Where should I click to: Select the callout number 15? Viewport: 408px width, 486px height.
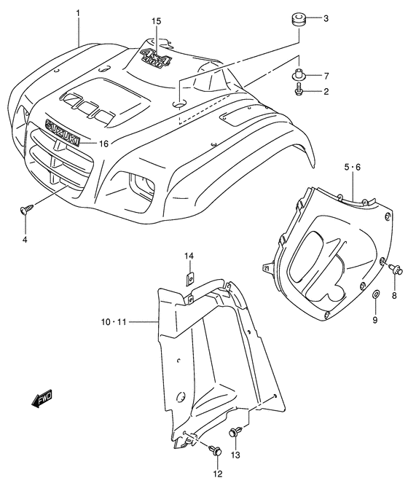[x=156, y=22]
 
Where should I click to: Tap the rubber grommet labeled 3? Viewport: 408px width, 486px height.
[x=297, y=17]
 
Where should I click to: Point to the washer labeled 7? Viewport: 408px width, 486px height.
[x=299, y=74]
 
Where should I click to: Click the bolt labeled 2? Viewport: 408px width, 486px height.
[x=299, y=92]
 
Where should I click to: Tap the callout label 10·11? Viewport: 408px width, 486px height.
[x=114, y=321]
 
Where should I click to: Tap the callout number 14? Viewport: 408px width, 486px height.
[x=189, y=256]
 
